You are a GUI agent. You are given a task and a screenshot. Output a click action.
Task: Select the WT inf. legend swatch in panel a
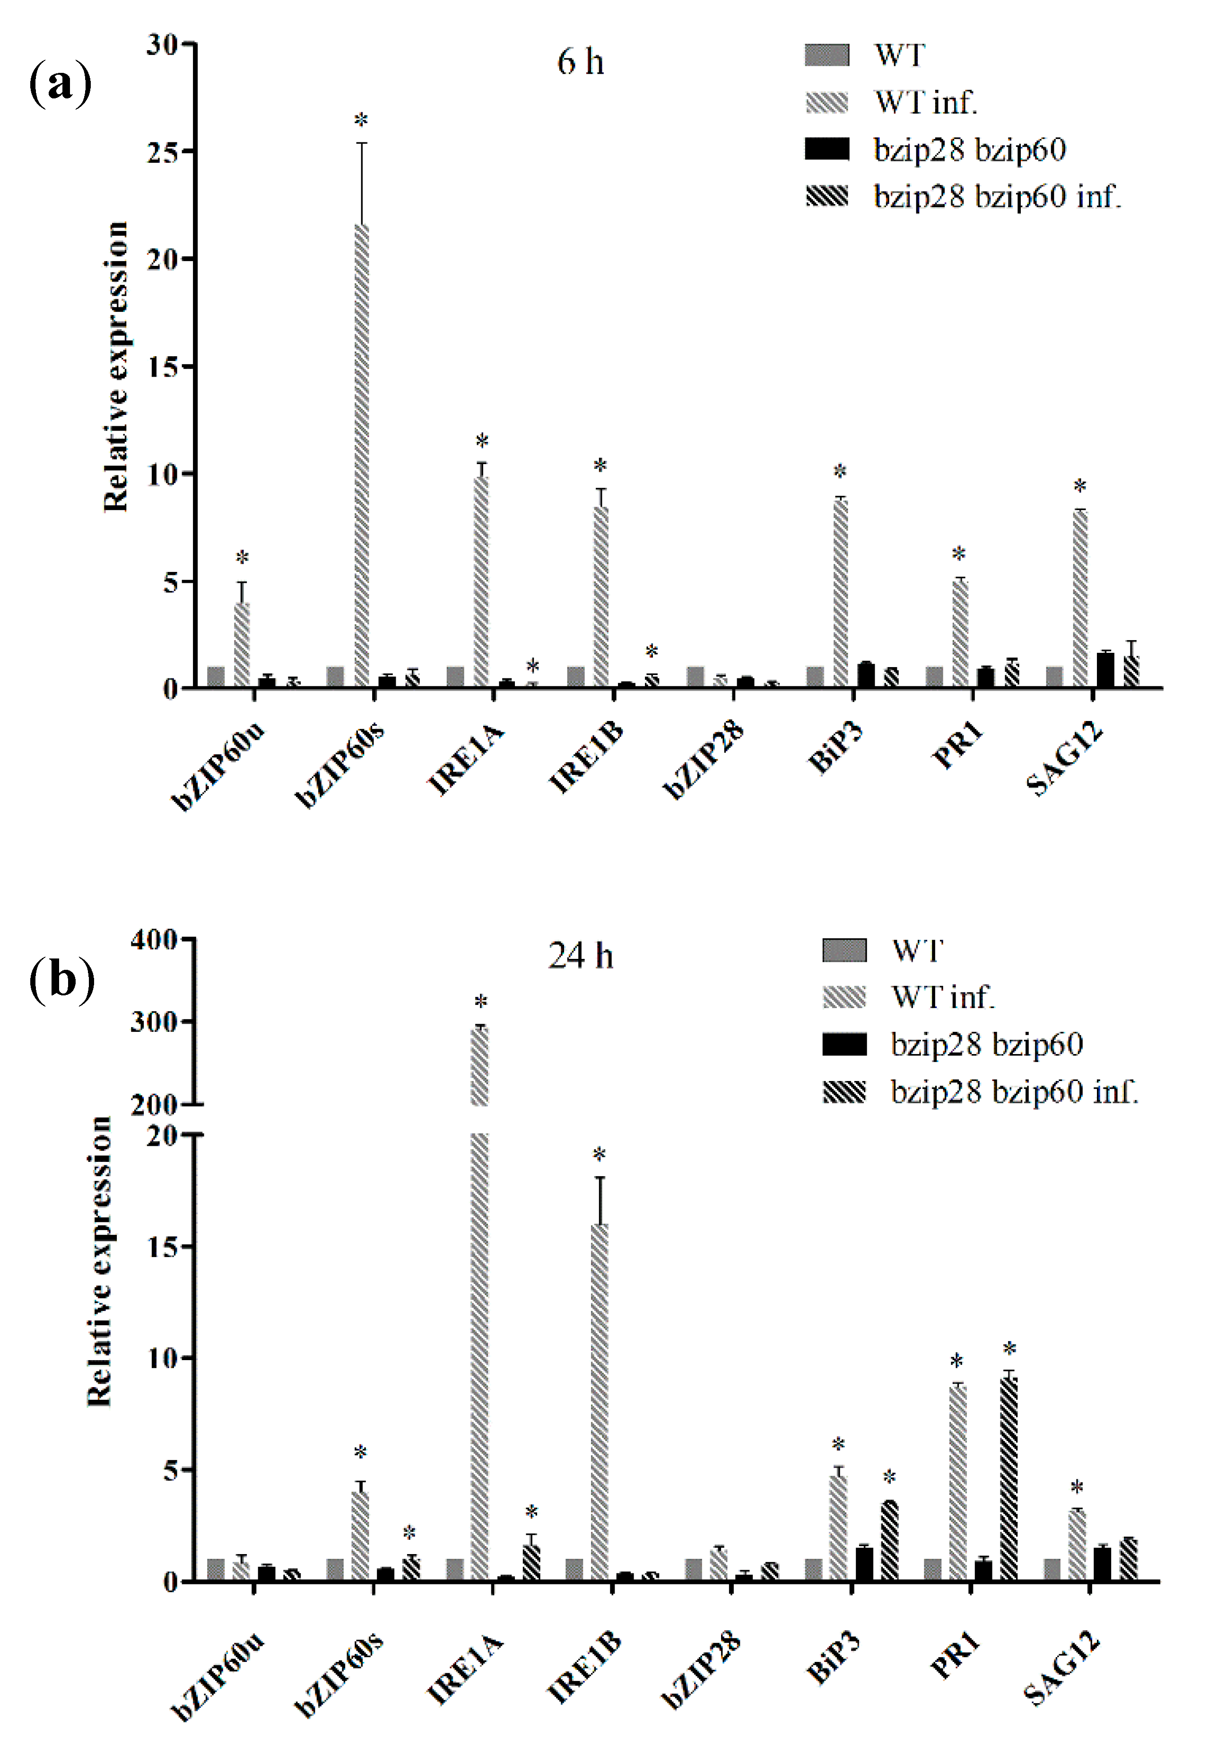click(827, 102)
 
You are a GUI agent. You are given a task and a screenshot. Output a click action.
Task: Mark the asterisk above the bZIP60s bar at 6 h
click(361, 120)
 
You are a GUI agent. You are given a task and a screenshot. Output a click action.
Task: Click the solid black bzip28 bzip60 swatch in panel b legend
click(843, 1045)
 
